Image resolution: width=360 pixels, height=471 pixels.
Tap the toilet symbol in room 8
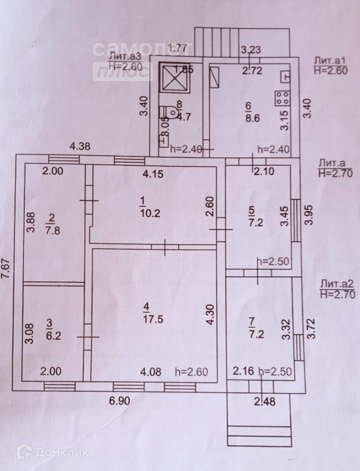click(173, 113)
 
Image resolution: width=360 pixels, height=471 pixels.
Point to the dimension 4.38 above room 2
click(80, 147)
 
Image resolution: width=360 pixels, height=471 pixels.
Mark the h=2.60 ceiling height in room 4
click(191, 372)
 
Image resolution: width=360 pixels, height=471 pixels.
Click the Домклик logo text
click(62, 452)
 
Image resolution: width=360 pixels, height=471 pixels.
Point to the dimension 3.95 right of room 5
click(309, 215)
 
